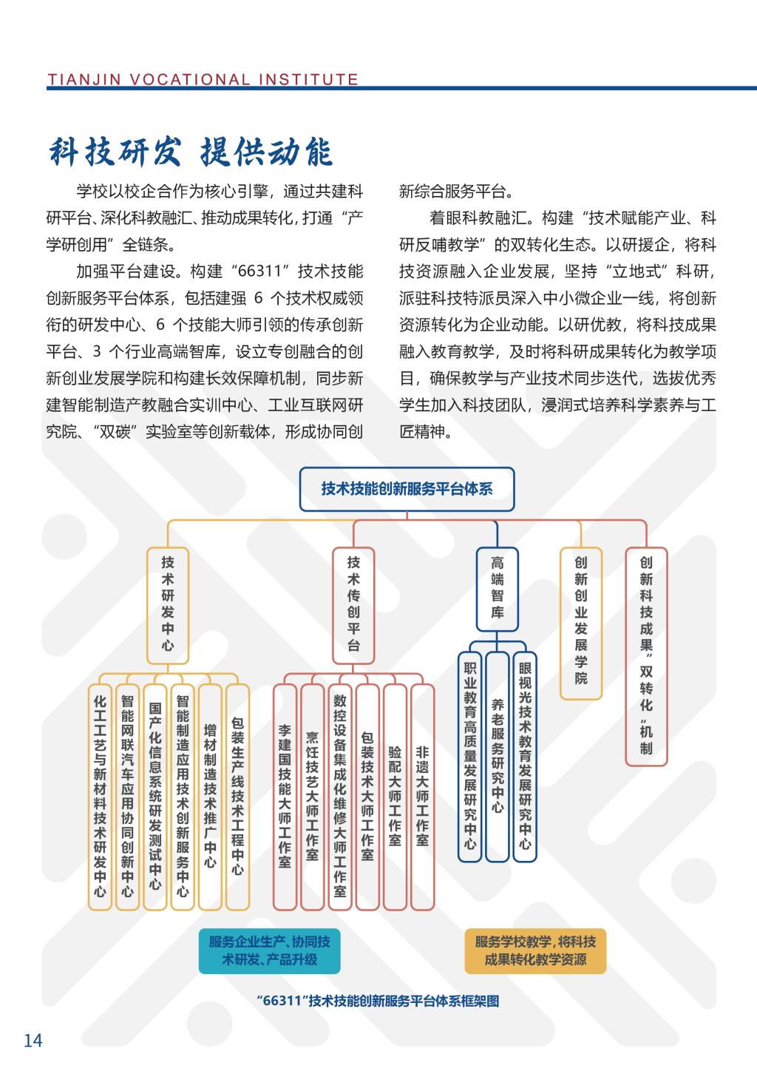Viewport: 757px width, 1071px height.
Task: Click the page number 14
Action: pos(33,1041)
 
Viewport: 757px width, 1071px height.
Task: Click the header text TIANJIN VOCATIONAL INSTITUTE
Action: pos(203,79)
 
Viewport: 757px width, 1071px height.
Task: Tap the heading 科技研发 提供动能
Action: pos(191,152)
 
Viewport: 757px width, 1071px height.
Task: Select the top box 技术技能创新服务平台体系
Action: pos(407,489)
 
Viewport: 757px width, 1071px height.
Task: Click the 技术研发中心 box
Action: pos(168,604)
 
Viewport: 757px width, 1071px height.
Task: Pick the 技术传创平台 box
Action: pos(353,604)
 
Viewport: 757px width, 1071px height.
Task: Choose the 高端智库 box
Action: pos(497,588)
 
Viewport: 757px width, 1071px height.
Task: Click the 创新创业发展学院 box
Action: pos(581,622)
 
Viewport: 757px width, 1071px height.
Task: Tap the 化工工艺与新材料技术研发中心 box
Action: pos(100,796)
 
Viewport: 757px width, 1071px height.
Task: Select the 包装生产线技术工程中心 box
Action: pos(237,796)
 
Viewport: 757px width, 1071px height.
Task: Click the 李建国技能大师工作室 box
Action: pos(285,796)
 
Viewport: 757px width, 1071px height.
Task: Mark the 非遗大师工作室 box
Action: pos(422,796)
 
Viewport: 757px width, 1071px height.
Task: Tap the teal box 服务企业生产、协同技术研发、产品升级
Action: pos(269,950)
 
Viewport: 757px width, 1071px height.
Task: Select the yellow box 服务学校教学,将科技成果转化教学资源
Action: pos(535,950)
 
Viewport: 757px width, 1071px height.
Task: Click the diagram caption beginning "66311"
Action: pos(378,1001)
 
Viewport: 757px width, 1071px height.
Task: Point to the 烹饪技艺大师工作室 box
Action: pos(312,796)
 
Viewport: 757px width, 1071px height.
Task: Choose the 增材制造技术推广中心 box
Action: pos(210,796)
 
